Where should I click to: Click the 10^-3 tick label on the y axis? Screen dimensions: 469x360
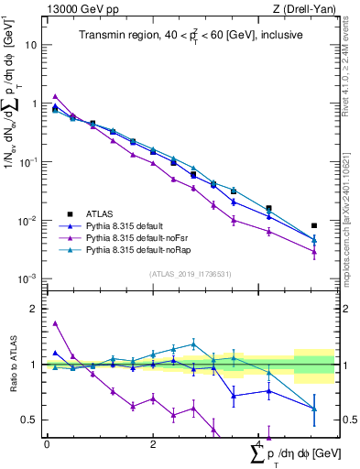pos(29,278)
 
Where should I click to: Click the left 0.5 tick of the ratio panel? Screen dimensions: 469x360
pos(29,420)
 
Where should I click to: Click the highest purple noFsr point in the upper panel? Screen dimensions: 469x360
pos(56,96)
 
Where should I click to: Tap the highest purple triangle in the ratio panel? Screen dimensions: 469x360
pos(56,322)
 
